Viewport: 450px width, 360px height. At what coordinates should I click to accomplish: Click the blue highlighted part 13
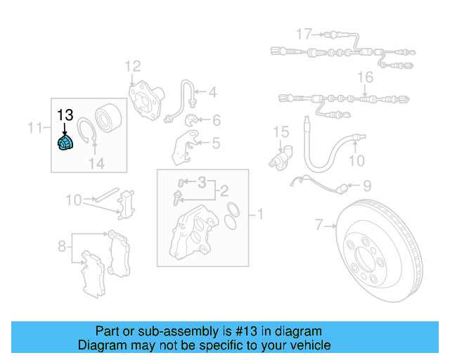[x=65, y=143]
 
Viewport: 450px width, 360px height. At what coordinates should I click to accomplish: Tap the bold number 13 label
[x=65, y=115]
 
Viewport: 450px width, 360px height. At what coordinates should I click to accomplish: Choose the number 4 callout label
[x=212, y=91]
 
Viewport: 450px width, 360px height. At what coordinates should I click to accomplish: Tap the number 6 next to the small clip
[x=216, y=120]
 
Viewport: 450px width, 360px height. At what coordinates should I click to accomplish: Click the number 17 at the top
[x=303, y=34]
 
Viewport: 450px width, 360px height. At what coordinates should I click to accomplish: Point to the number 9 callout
[x=366, y=186]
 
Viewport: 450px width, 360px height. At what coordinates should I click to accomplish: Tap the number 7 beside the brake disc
[x=319, y=225]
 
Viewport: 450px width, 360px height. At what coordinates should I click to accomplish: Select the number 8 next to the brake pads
[x=62, y=245]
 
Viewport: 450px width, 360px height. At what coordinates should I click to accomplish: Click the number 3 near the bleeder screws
[x=202, y=184]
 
